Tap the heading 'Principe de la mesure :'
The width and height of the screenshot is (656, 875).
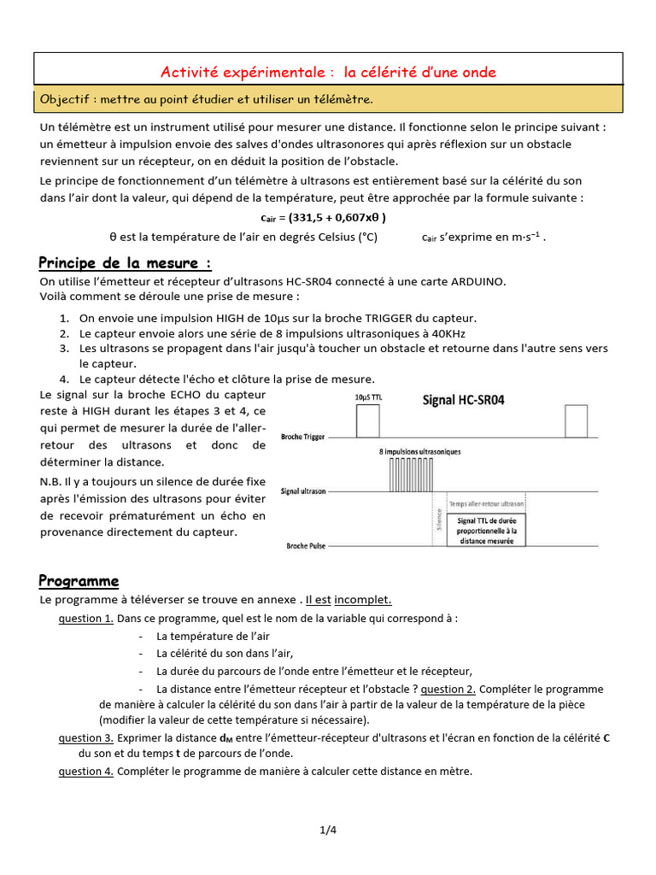click(126, 262)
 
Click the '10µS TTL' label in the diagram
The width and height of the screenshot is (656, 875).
click(369, 398)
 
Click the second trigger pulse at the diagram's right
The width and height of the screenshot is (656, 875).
click(576, 420)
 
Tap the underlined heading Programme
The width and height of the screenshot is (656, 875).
click(79, 581)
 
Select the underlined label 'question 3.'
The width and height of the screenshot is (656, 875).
click(85, 737)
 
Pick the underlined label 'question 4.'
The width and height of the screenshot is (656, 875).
click(85, 771)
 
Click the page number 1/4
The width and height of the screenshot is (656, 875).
click(329, 829)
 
